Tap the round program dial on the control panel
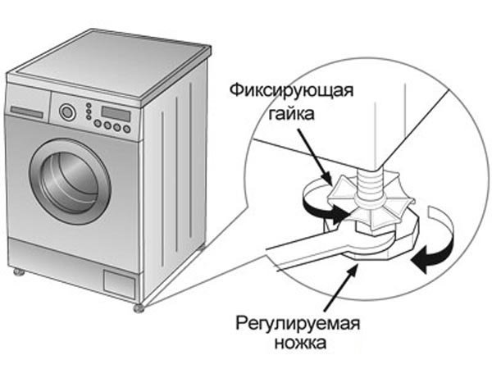pos(68,112)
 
